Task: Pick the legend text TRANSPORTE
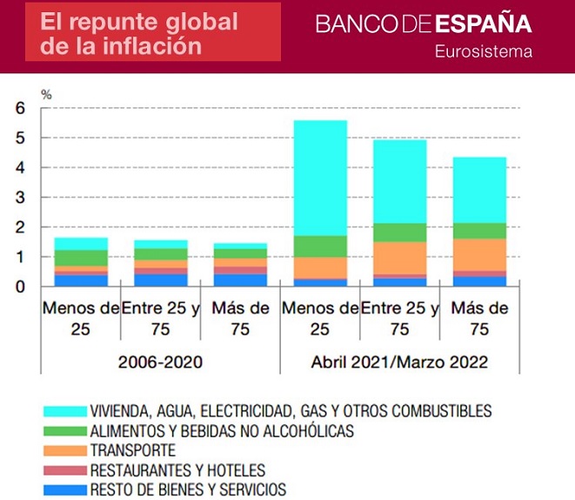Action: (133, 450)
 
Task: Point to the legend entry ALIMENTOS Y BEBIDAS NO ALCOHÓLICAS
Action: (222, 430)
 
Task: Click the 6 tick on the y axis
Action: (22, 108)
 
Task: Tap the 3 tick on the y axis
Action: (22, 198)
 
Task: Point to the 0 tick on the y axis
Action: (22, 287)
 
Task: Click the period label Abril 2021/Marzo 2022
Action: (399, 361)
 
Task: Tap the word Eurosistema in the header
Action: (484, 51)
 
